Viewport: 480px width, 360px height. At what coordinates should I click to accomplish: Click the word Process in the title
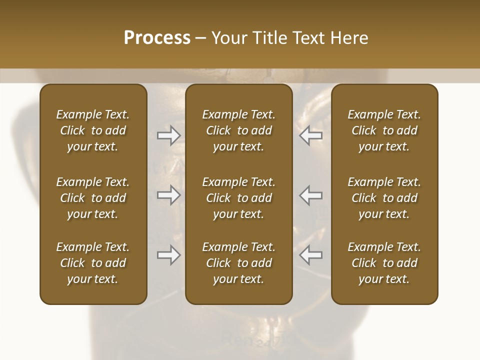[157, 38]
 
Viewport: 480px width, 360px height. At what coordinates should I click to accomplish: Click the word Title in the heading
[267, 38]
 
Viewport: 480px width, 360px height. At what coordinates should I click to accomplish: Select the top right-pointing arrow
[168, 135]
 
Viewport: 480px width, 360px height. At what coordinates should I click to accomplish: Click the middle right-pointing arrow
[168, 195]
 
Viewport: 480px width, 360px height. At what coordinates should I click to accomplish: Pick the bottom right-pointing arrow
[168, 255]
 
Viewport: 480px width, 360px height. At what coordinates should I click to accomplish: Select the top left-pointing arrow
[311, 135]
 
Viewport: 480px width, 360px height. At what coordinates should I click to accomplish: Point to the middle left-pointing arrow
[311, 195]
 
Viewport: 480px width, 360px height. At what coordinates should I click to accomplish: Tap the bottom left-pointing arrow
[311, 255]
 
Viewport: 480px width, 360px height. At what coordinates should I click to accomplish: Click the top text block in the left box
[93, 130]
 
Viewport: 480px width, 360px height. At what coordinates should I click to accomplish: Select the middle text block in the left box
[93, 198]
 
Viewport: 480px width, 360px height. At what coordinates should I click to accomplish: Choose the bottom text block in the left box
[93, 263]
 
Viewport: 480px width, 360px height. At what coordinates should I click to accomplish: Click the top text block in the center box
[238, 130]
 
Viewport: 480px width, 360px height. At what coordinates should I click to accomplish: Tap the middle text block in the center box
[238, 198]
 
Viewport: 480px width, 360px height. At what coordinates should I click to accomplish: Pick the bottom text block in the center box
[238, 263]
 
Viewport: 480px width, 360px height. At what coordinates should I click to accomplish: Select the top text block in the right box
[384, 130]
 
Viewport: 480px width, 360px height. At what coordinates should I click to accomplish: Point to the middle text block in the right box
[384, 198]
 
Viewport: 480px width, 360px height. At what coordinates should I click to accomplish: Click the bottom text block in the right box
[384, 263]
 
